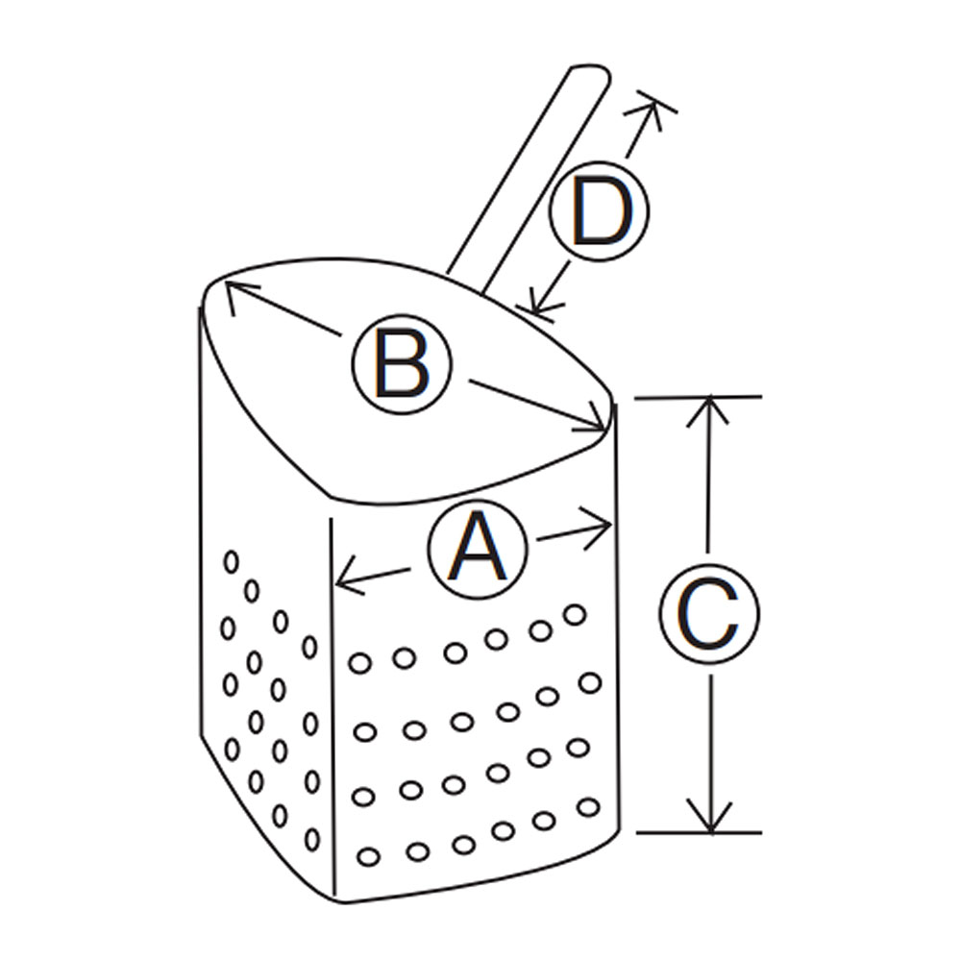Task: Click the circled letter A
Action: tap(478, 548)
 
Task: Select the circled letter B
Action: tap(402, 364)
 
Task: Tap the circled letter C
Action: tap(710, 613)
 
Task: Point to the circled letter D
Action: tap(599, 211)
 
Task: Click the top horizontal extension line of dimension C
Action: tap(698, 398)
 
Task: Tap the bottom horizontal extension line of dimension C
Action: tap(700, 833)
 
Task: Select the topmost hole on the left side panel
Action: tap(231, 561)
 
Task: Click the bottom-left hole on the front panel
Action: tap(368, 856)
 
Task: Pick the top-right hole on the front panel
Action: tap(575, 614)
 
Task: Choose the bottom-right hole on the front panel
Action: tap(588, 807)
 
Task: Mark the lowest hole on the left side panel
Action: tap(312, 839)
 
